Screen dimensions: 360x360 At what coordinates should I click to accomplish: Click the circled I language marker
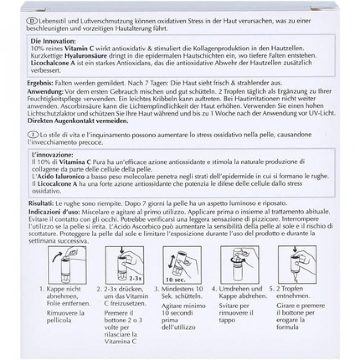(x=30, y=135)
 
